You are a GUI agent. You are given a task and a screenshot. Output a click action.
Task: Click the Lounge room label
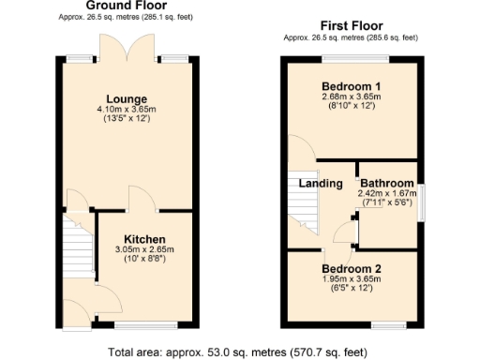pyautogui.click(x=126, y=98)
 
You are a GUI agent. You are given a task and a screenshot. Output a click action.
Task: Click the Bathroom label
pyautogui.click(x=387, y=183)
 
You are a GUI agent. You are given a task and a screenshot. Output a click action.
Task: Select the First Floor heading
pyautogui.click(x=352, y=26)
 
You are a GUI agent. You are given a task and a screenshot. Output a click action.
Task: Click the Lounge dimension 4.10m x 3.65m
pyautogui.click(x=127, y=110)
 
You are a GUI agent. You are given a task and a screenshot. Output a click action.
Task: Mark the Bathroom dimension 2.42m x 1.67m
pyautogui.click(x=387, y=193)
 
